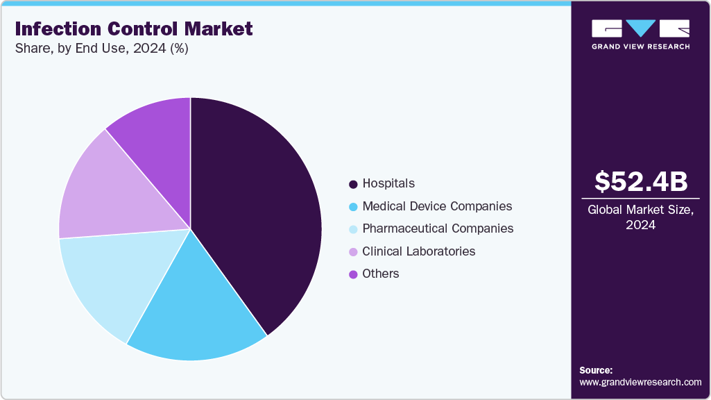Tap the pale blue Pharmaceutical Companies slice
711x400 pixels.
pyautogui.click(x=111, y=278)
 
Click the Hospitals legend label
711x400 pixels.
pyautogui.click(x=388, y=183)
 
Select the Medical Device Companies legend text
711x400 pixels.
pyautogui.click(x=437, y=206)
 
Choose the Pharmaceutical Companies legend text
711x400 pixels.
pyautogui.click(x=438, y=228)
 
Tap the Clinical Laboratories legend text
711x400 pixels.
pyautogui.click(x=418, y=251)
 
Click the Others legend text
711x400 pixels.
pyautogui.click(x=380, y=274)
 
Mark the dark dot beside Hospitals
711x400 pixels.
pyautogui.click(x=354, y=184)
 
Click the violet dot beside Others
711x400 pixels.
pyautogui.click(x=354, y=274)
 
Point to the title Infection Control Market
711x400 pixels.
pyautogui.click(x=134, y=28)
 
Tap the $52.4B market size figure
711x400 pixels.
pyautogui.click(x=641, y=181)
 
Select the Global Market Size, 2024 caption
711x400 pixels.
pyautogui.click(x=641, y=217)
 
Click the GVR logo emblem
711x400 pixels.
pyautogui.click(x=641, y=28)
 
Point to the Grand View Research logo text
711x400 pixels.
pyautogui.click(x=641, y=47)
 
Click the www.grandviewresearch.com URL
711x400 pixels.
pyautogui.click(x=640, y=382)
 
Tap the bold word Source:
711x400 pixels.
pyautogui.click(x=596, y=370)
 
